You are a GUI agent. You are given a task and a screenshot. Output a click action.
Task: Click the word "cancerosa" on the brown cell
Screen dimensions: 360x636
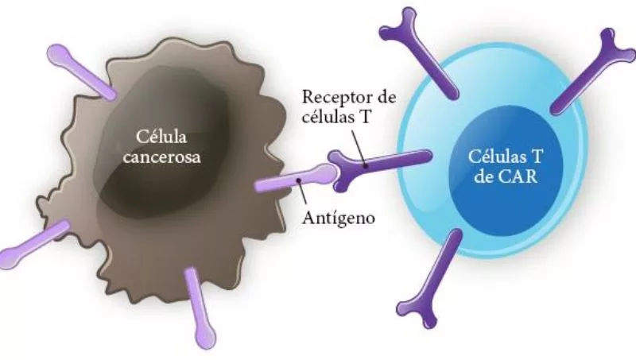(165, 157)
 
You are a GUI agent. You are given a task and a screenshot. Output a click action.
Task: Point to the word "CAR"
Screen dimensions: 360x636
(522, 176)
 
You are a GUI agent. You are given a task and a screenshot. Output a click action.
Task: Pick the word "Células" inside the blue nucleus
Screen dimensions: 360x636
(494, 157)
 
